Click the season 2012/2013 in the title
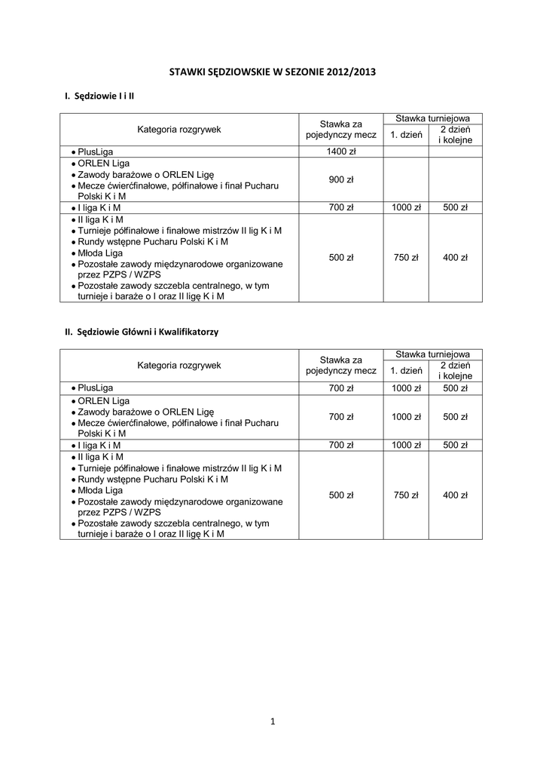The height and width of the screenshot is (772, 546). pyautogui.click(x=351, y=72)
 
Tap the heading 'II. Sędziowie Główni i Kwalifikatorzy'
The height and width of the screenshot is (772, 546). pyautogui.click(x=141, y=331)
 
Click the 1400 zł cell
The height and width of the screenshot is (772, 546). pyautogui.click(x=340, y=152)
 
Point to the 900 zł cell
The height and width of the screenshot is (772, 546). pyautogui.click(x=340, y=179)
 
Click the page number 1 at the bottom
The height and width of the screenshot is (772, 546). pyautogui.click(x=273, y=721)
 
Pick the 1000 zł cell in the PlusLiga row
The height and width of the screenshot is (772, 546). pyautogui.click(x=406, y=388)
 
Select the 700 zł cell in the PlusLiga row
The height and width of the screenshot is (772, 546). pyautogui.click(x=340, y=388)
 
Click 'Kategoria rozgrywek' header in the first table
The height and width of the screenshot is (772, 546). pyautogui.click(x=178, y=130)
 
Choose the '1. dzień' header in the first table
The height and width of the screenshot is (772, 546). pyautogui.click(x=406, y=135)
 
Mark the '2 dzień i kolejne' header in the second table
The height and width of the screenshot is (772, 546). pyautogui.click(x=455, y=370)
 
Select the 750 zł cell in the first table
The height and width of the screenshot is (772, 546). pyautogui.click(x=406, y=258)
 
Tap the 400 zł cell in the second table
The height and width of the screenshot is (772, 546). pyautogui.click(x=455, y=495)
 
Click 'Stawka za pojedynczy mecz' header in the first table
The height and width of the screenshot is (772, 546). pyautogui.click(x=340, y=130)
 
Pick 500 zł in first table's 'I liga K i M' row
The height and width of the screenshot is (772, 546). pyautogui.click(x=455, y=207)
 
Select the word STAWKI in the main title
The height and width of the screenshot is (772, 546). pyautogui.click(x=189, y=72)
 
